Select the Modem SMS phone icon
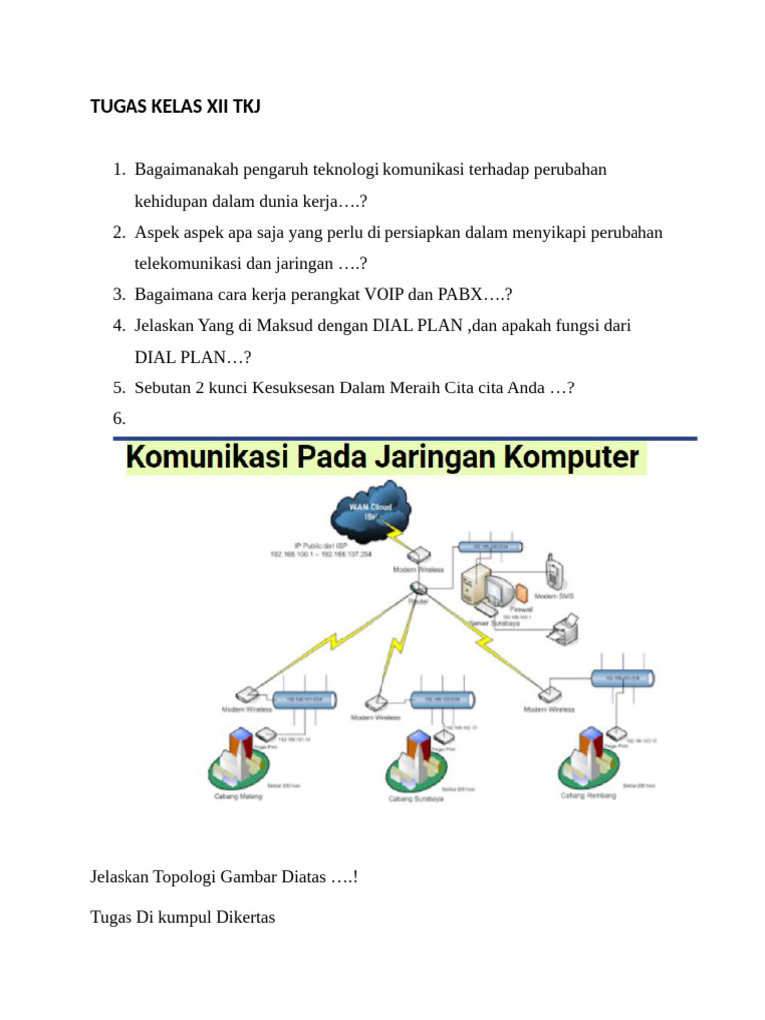[x=552, y=574]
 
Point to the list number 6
[x=118, y=419]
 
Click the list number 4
[x=118, y=325]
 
